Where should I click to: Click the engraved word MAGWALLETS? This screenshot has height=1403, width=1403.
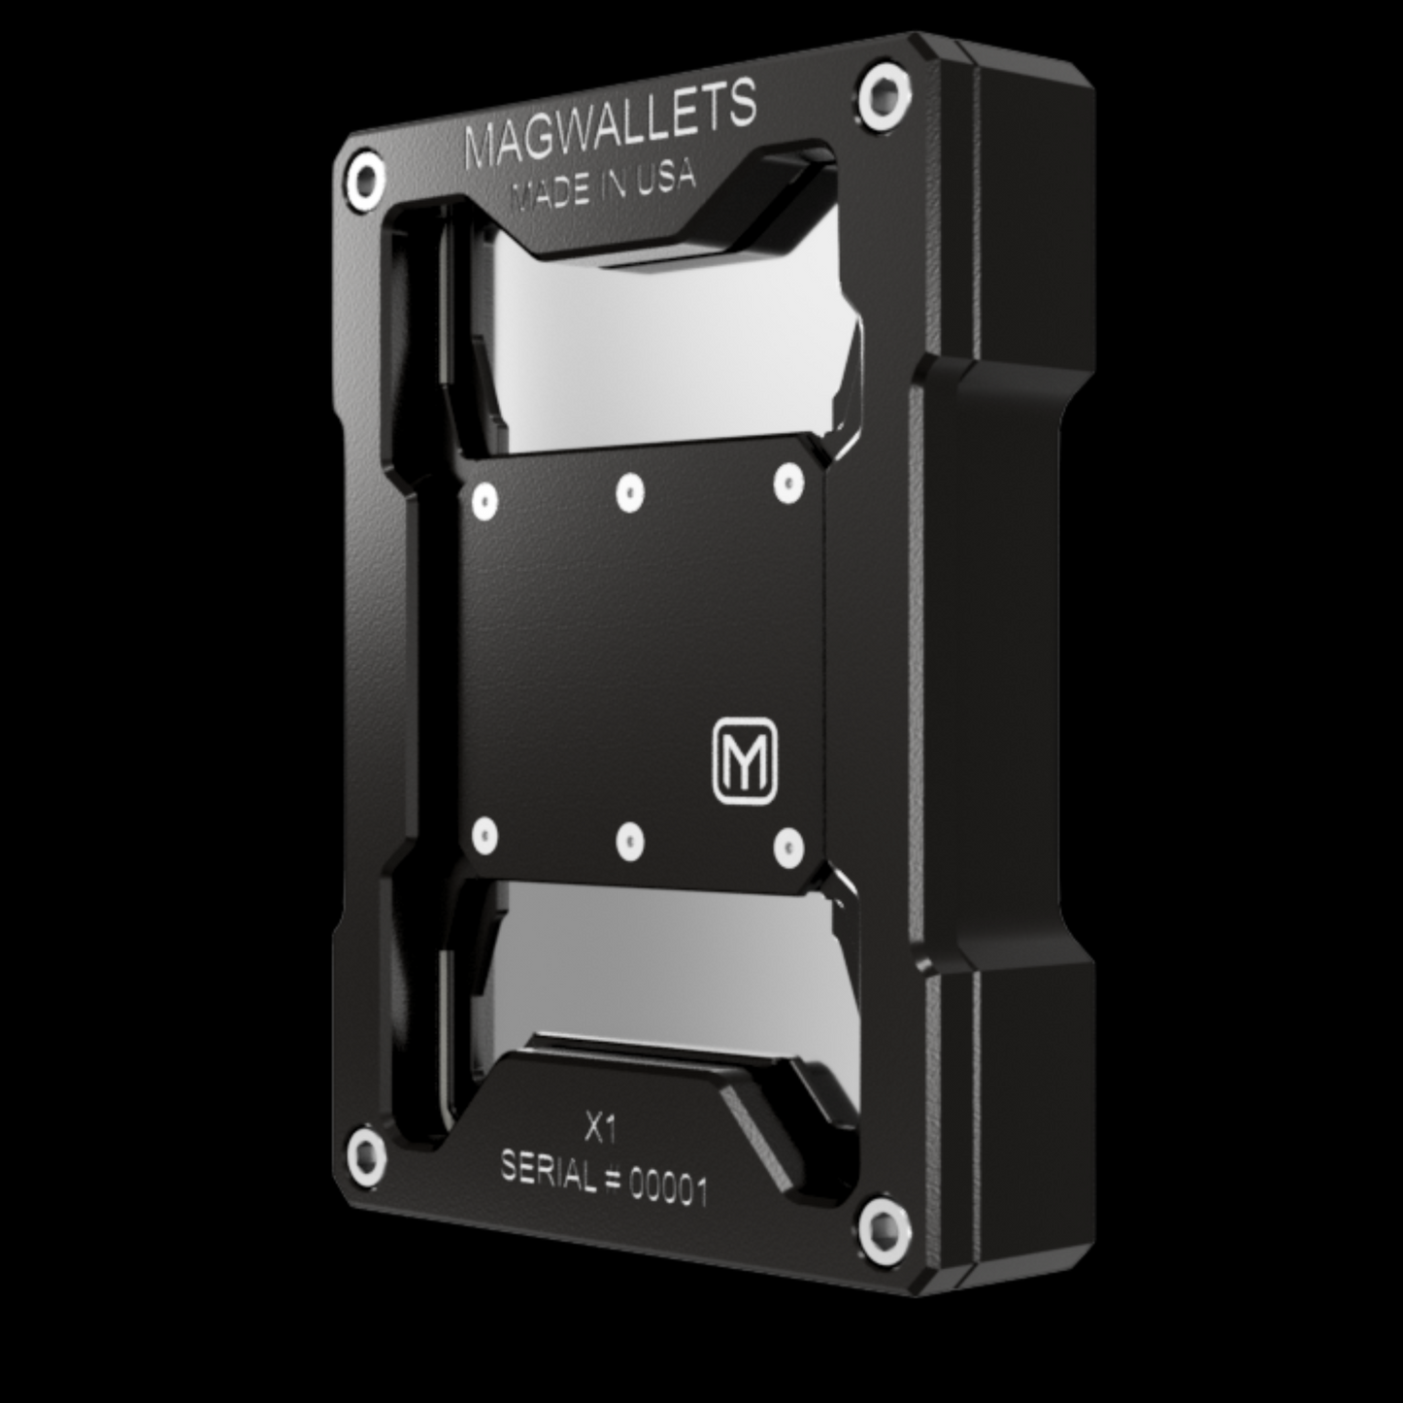(610, 125)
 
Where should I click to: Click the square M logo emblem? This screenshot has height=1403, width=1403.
(746, 761)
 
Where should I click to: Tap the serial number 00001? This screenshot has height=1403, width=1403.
(668, 1189)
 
